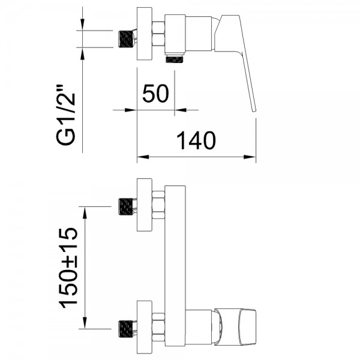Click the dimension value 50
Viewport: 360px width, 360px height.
[155, 93]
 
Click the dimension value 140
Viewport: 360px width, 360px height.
[196, 140]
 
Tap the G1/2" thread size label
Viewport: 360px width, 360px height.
[66, 115]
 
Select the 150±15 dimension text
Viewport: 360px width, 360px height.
[68, 268]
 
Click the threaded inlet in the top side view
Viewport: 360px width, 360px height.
[126, 39]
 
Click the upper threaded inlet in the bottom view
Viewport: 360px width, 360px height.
[126, 206]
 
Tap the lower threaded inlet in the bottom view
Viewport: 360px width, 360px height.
[126, 329]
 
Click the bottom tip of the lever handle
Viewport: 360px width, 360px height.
[254, 111]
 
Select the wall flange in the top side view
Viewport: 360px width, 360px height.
[145, 34]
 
